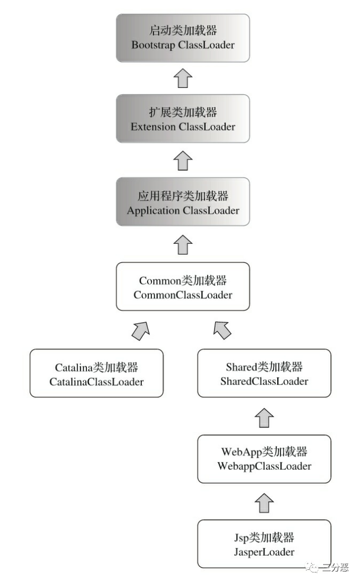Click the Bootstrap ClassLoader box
click(x=183, y=38)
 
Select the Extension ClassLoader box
click(x=183, y=119)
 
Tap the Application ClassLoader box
click(x=183, y=203)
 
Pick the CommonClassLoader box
click(x=183, y=286)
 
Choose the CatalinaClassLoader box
click(x=96, y=373)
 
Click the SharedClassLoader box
click(x=264, y=373)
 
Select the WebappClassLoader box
click(x=264, y=459)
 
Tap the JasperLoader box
click(x=264, y=544)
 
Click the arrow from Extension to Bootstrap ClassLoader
click(x=183, y=78)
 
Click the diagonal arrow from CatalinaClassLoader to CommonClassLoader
click(x=140, y=330)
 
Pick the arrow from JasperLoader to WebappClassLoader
click(x=264, y=502)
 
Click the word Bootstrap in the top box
click(x=153, y=44)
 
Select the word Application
click(x=153, y=211)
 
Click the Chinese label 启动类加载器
click(x=183, y=31)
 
